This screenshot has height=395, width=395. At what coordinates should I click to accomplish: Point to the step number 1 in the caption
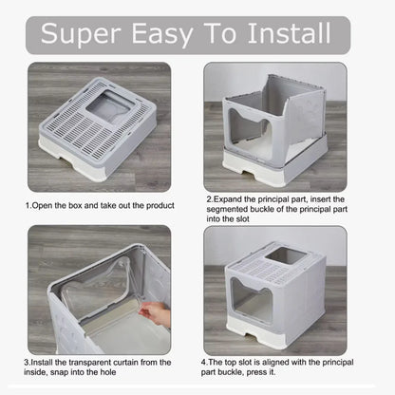[x=27, y=204]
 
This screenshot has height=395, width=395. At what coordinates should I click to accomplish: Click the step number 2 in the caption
[x=208, y=200]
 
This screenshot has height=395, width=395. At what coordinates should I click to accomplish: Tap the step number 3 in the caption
[x=27, y=362]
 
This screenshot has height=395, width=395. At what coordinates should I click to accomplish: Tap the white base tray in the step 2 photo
[x=285, y=171]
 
